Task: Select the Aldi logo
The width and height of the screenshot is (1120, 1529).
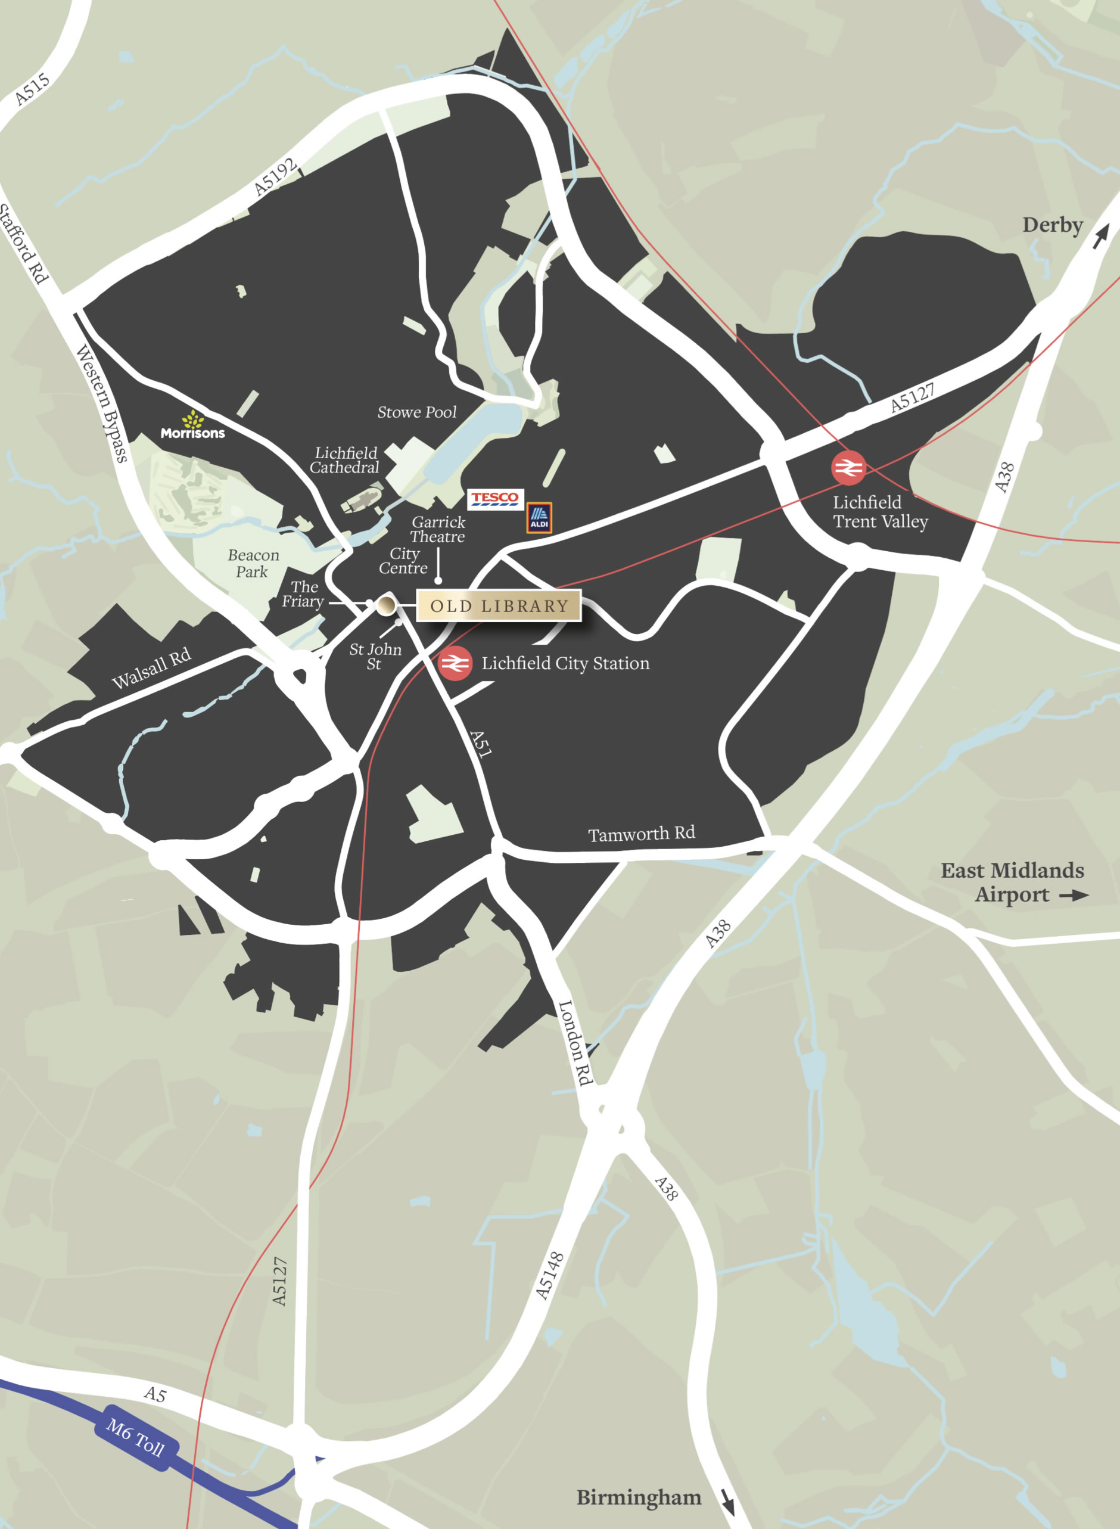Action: (539, 517)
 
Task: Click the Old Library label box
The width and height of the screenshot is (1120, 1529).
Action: (499, 605)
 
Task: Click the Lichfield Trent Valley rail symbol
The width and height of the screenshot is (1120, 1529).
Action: (848, 468)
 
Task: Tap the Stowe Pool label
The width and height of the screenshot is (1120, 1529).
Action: (417, 412)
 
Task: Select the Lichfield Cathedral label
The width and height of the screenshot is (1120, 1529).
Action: (345, 461)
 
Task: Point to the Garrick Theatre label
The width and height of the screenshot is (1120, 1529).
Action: (438, 530)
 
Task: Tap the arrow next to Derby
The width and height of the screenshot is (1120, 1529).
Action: (1100, 235)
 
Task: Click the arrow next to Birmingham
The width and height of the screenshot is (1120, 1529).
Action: (727, 1502)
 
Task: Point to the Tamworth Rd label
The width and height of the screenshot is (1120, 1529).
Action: (642, 834)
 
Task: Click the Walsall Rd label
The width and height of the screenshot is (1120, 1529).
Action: (151, 669)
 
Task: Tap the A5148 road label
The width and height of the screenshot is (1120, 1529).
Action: (549, 1275)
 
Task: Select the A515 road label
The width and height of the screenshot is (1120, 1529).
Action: (32, 89)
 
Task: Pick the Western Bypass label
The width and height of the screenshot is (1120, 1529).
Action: (102, 403)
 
